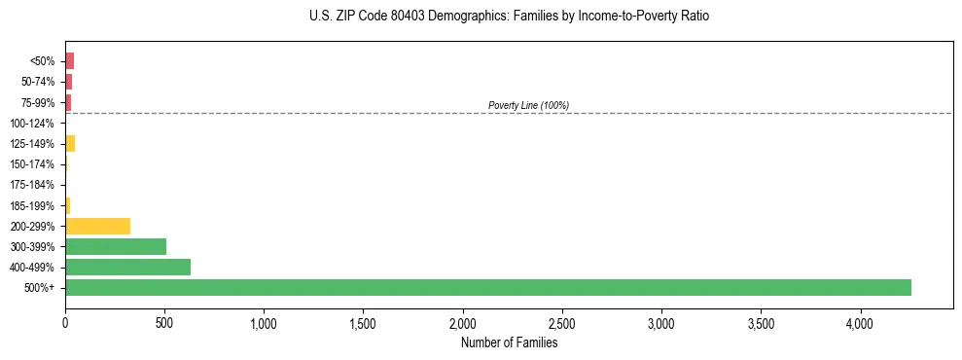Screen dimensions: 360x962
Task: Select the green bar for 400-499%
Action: pos(127,267)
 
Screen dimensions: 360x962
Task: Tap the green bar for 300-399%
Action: pos(116,246)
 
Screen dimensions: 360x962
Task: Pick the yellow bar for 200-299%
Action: pos(97,226)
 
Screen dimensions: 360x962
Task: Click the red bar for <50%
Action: pos(69,60)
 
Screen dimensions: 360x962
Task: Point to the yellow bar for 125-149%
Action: pos(70,143)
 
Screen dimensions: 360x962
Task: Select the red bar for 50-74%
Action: pos(68,81)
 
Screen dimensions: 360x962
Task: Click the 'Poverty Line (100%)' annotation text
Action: pos(528,105)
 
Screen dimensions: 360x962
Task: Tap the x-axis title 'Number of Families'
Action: pos(509,342)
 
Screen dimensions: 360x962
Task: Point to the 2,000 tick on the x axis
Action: pos(463,322)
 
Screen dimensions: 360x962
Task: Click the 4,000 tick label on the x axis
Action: pos(860,322)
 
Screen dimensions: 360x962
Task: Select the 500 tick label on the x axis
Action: pos(164,322)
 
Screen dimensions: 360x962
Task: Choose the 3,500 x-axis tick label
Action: pos(761,322)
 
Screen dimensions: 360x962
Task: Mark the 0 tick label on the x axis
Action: pos(65,322)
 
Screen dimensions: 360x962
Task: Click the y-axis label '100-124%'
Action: pos(32,123)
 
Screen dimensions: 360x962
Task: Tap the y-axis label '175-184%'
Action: pos(32,185)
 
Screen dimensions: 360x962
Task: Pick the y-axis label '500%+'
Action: pos(40,288)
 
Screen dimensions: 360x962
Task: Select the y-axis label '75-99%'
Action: pos(37,102)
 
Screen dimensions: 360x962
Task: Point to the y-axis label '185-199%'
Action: pos(32,205)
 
